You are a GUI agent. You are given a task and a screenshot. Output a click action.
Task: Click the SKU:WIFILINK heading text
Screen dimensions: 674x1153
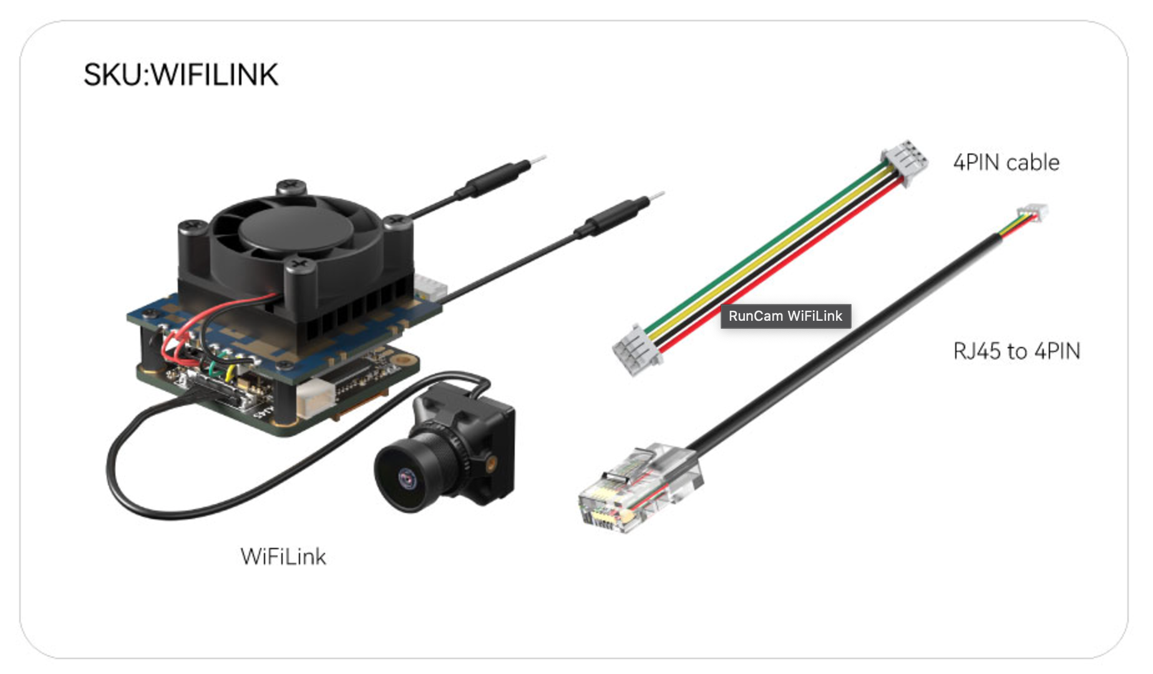(x=181, y=75)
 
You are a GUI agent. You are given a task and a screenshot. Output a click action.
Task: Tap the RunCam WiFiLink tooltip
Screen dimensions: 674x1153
(x=786, y=316)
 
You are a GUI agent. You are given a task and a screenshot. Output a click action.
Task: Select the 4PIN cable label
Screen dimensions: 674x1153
(x=1006, y=163)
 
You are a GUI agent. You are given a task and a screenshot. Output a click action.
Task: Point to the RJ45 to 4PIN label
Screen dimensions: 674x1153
(x=1016, y=351)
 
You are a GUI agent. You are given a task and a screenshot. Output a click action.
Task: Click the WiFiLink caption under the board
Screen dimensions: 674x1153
(x=283, y=557)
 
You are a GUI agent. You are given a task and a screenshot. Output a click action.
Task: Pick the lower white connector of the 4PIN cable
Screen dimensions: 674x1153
(x=636, y=351)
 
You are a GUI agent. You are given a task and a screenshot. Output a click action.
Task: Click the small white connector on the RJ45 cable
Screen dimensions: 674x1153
(x=1033, y=213)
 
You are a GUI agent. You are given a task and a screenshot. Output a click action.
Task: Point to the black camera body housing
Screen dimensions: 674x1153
(x=480, y=431)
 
